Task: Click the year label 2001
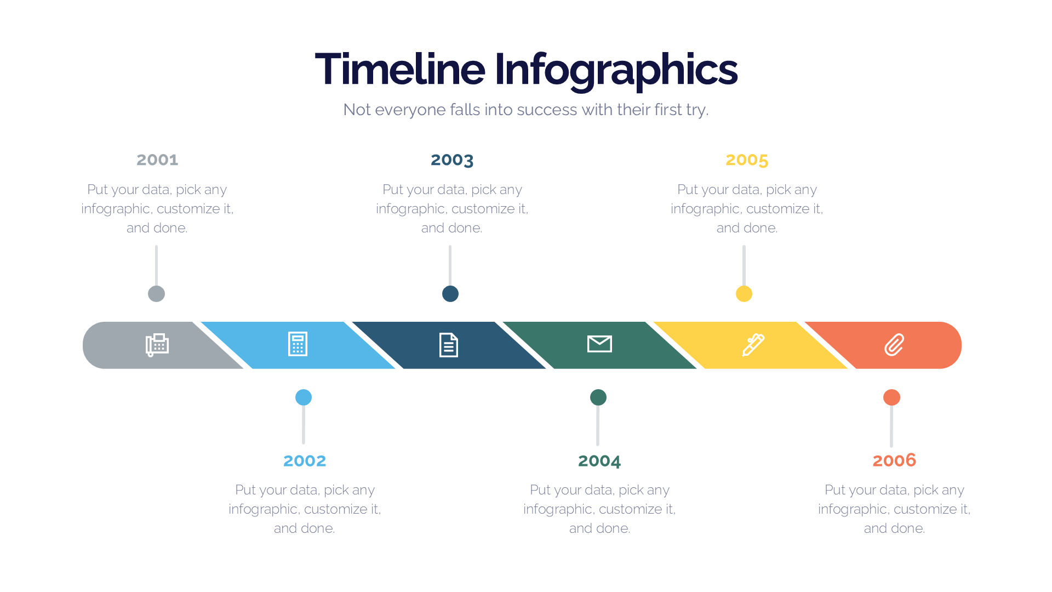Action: pyautogui.click(x=157, y=160)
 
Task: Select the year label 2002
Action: pyautogui.click(x=305, y=460)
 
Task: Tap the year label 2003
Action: pyautogui.click(x=452, y=160)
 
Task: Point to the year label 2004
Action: pyautogui.click(x=599, y=460)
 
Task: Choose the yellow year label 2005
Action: pyautogui.click(x=747, y=160)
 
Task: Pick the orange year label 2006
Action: pyautogui.click(x=894, y=460)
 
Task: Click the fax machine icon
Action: pyautogui.click(x=157, y=345)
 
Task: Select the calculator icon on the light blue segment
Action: pyautogui.click(x=298, y=344)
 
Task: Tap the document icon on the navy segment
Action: pyautogui.click(x=448, y=345)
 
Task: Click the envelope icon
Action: pyautogui.click(x=599, y=344)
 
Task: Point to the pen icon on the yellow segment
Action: pyautogui.click(x=753, y=345)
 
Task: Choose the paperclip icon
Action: pyautogui.click(x=894, y=345)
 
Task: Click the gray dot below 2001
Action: pyautogui.click(x=157, y=294)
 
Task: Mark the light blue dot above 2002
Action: pyautogui.click(x=304, y=397)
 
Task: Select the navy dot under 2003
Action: pyautogui.click(x=450, y=294)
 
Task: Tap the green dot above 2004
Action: pyautogui.click(x=598, y=397)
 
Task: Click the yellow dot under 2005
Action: pyautogui.click(x=744, y=294)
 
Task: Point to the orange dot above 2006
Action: pyautogui.click(x=891, y=397)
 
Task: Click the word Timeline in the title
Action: pyautogui.click(x=400, y=69)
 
